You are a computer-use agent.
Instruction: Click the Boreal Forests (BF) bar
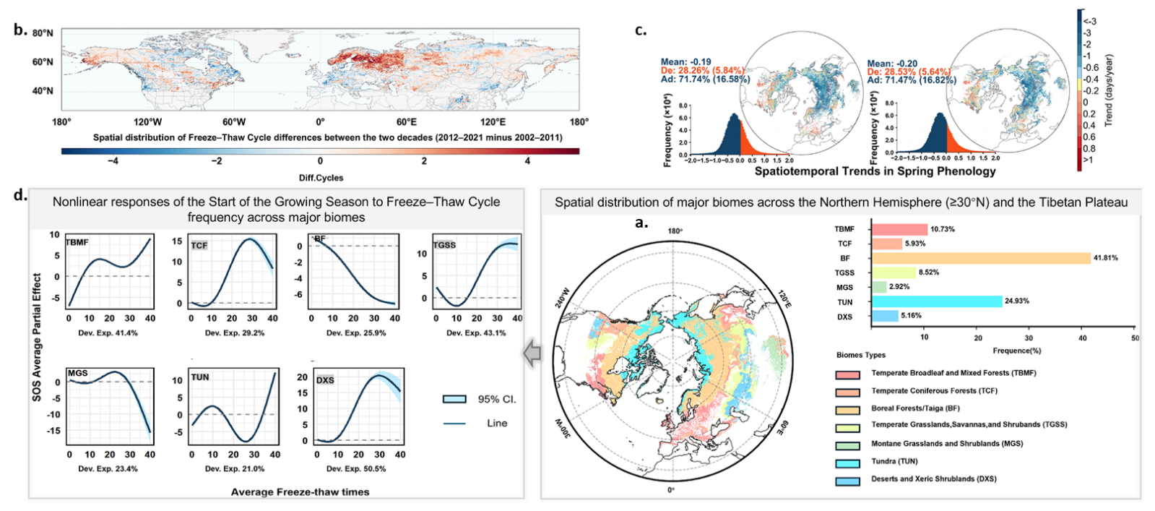980,258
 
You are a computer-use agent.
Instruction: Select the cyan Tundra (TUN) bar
937,301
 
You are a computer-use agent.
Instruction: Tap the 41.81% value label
1105,258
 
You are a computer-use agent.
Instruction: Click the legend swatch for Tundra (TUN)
847,463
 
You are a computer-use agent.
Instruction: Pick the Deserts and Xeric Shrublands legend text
933,478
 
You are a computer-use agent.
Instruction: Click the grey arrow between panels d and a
532,353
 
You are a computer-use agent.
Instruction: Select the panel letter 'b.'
20,30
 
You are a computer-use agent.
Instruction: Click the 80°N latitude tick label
43,33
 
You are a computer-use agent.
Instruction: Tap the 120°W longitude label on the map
147,122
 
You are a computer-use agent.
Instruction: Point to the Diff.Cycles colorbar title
321,178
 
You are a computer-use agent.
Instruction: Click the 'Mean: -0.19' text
685,62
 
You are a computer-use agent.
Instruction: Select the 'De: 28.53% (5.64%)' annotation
908,72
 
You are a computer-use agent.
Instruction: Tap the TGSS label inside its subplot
444,245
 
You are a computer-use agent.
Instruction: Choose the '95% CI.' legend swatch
455,399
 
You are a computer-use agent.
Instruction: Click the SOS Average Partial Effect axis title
37,337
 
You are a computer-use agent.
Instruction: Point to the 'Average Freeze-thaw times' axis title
300,492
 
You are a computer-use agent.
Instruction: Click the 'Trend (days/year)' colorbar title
1109,90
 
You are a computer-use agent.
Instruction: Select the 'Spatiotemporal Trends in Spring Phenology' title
875,171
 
